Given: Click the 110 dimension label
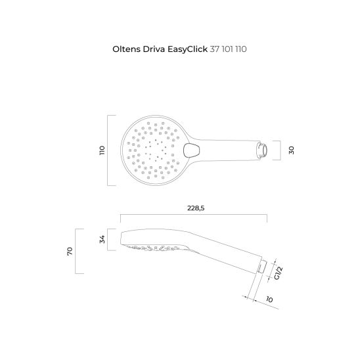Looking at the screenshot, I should [x=102, y=150].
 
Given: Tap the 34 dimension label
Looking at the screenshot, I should [x=102, y=240].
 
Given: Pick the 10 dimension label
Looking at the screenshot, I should [x=271, y=300].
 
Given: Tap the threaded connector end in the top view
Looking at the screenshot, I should [x=262, y=150].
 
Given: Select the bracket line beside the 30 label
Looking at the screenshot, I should [x=281, y=150].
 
